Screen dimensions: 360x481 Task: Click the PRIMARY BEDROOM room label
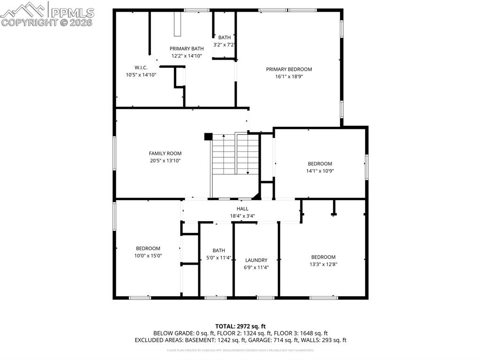[289, 69]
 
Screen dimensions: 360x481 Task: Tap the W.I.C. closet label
[141, 68]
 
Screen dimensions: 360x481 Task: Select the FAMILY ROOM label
[165, 153]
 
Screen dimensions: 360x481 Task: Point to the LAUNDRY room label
[256, 260]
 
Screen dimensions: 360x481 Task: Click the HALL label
[242, 209]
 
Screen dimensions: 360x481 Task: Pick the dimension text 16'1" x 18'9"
[289, 77]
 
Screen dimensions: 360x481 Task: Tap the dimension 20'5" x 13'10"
[165, 161]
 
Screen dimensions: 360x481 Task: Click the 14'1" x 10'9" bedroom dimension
[319, 171]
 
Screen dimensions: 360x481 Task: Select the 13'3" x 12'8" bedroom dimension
[323, 264]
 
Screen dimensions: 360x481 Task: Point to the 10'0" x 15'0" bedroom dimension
[148, 255]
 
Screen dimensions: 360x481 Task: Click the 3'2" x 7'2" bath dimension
[224, 45]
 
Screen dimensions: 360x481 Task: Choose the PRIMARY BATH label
[186, 48]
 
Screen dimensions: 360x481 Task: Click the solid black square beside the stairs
[208, 137]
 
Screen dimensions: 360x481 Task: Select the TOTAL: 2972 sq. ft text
[240, 326]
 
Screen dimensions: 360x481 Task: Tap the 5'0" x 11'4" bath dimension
[219, 257]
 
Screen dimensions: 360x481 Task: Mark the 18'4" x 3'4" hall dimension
[242, 216]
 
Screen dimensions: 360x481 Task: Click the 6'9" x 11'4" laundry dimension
[256, 267]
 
